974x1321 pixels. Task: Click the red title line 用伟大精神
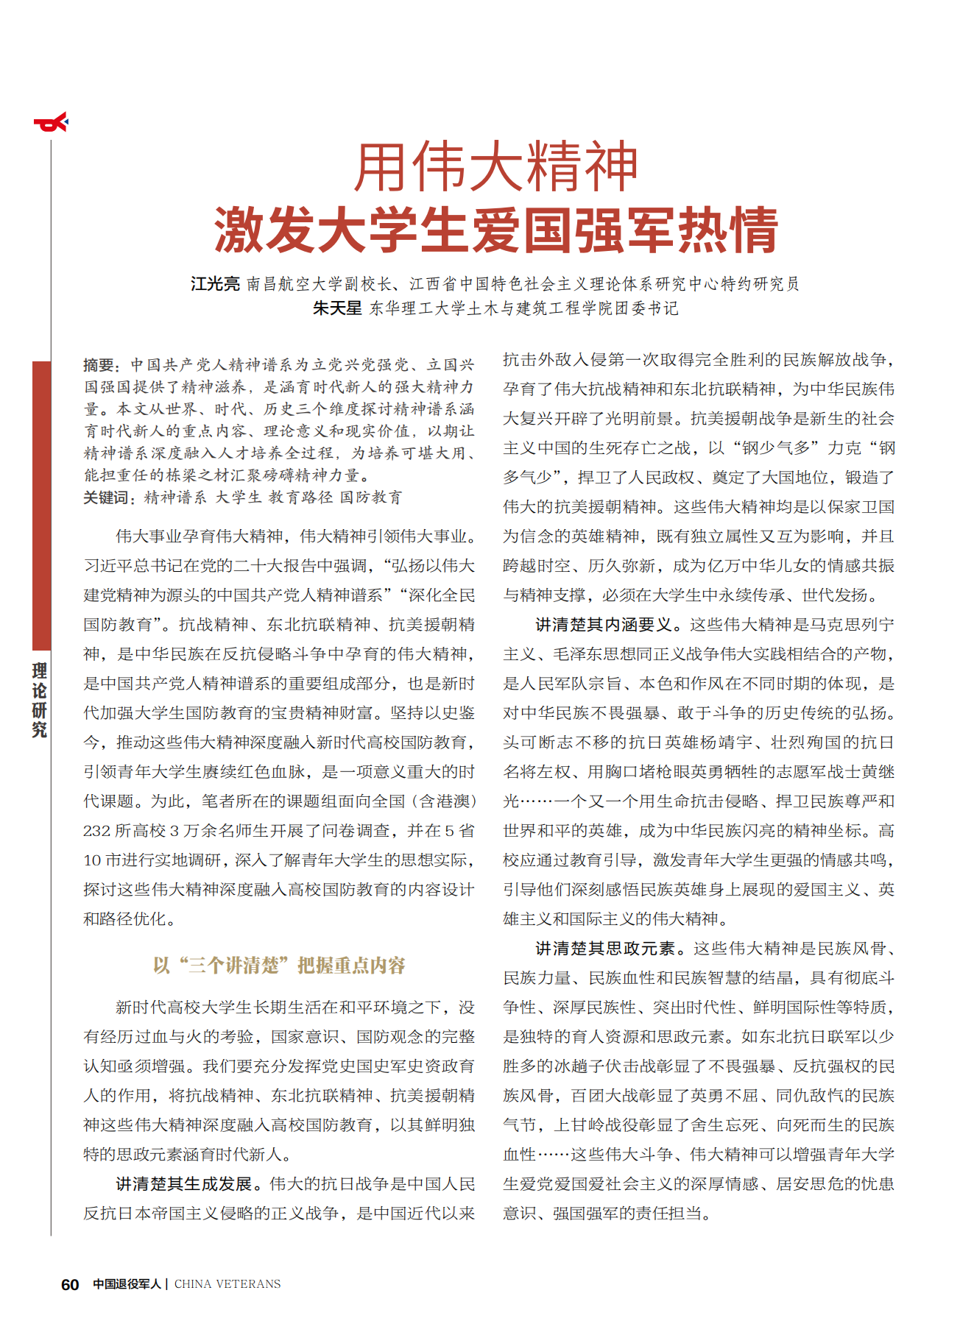tap(495, 168)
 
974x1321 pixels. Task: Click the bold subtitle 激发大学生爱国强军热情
tap(495, 230)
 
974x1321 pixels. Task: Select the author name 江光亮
tap(215, 284)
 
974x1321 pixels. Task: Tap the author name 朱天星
tap(337, 308)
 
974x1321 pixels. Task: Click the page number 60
tap(70, 1284)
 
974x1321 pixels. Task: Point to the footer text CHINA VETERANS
tap(227, 1284)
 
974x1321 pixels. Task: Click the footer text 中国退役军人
tap(127, 1284)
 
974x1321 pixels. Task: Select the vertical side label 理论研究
tap(40, 700)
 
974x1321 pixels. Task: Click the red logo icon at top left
tap(51, 123)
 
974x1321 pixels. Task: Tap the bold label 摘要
tap(99, 365)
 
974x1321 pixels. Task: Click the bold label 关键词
tap(107, 498)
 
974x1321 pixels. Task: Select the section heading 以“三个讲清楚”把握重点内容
tap(279, 966)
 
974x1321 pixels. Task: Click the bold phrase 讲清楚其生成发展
tap(183, 1184)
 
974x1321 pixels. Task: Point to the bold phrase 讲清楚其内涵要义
tap(604, 625)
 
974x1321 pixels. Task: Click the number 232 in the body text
tap(96, 831)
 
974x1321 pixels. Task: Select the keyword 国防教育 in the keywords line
tap(371, 498)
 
